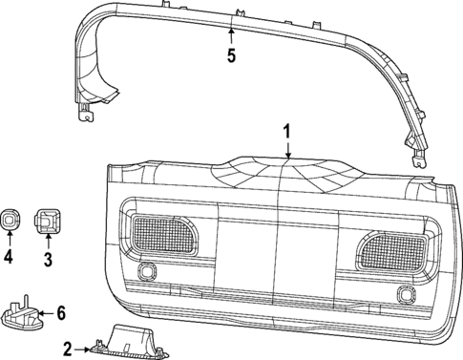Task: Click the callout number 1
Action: tap(285, 130)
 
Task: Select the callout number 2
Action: tap(66, 349)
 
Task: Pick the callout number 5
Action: tap(230, 55)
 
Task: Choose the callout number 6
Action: tap(60, 312)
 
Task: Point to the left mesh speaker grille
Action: tap(159, 232)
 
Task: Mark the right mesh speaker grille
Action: tap(392, 250)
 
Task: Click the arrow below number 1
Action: tap(285, 147)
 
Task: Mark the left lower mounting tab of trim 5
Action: tap(86, 116)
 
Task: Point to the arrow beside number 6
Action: tap(44, 312)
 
